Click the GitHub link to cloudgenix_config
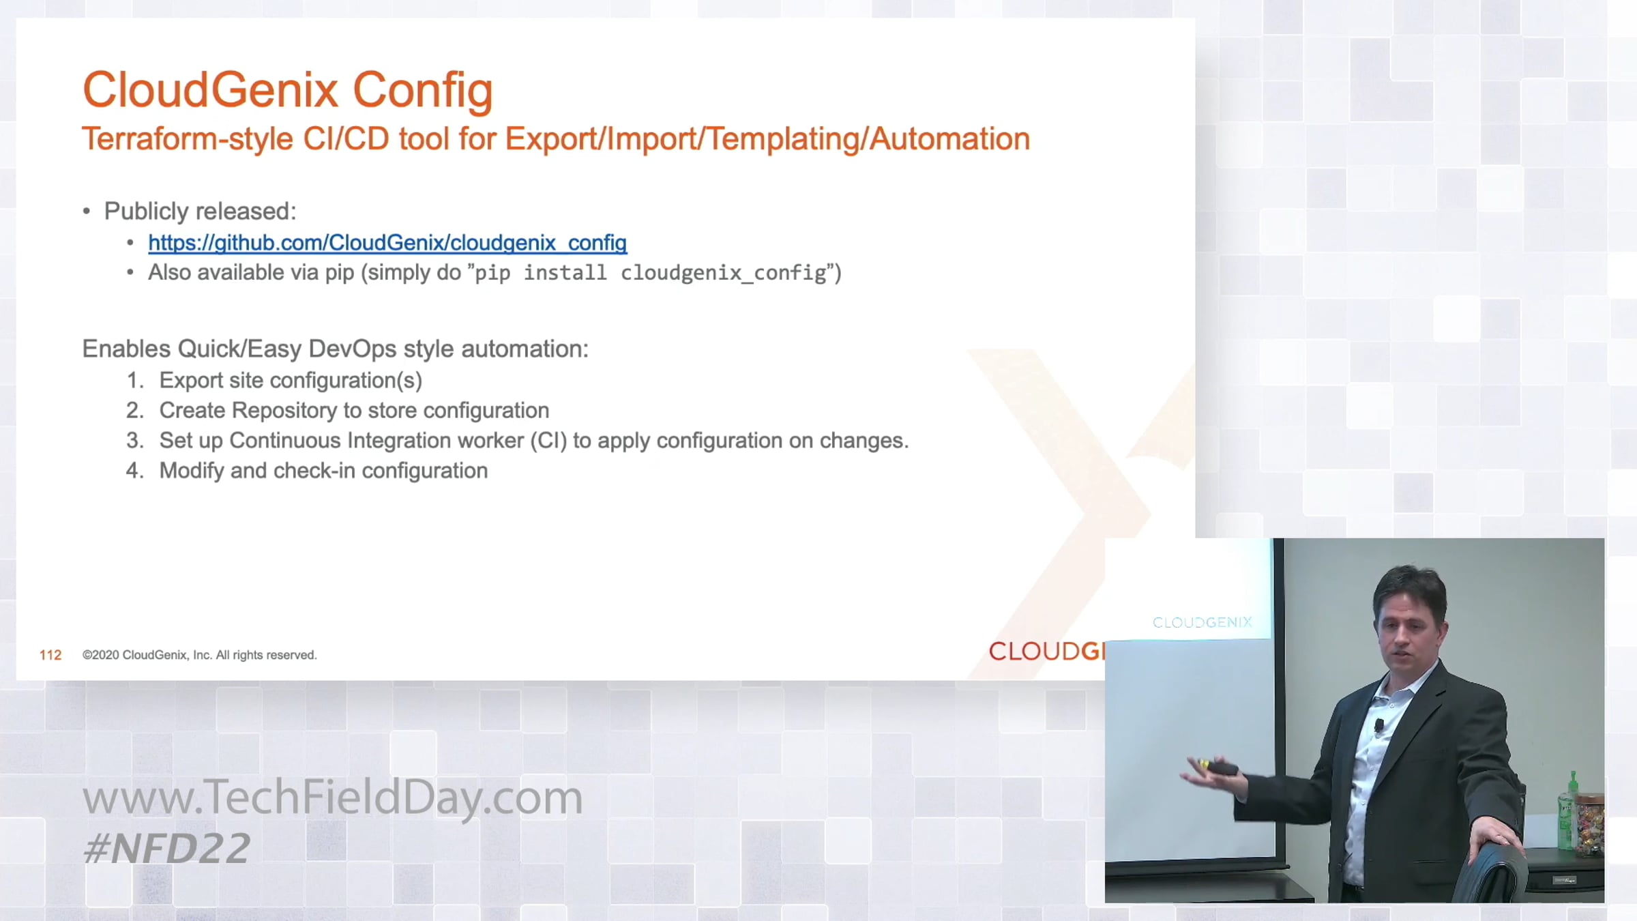[387, 243]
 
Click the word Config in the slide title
[423, 91]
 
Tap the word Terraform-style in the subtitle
[188, 139]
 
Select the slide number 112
[50, 655]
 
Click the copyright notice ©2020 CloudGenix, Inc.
[200, 655]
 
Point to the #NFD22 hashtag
[166, 849]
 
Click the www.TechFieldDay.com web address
[333, 798]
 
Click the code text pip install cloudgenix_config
[651, 273]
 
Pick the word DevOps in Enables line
[352, 349]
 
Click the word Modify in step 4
[192, 471]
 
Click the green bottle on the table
[1567, 812]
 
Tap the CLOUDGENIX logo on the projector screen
[1203, 622]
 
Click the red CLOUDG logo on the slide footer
[1046, 652]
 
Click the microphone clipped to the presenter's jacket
[1379, 725]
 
